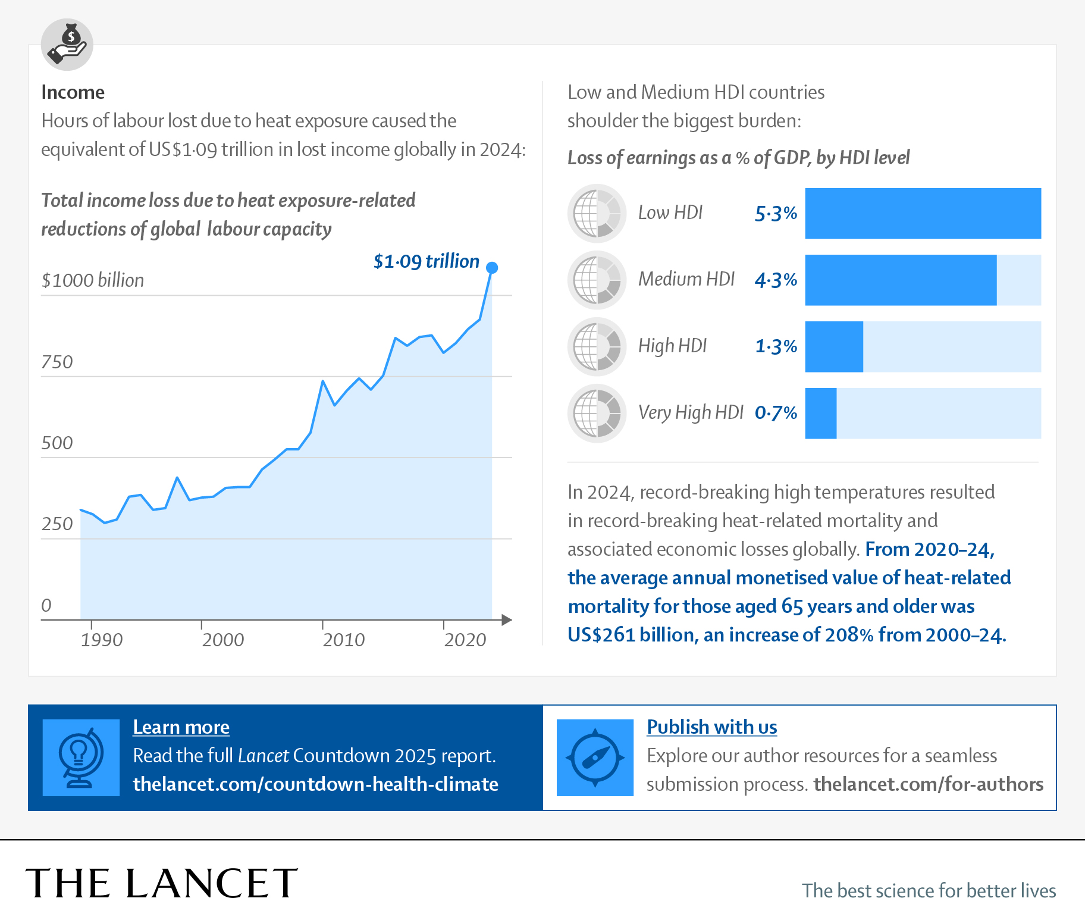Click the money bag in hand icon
[67, 45]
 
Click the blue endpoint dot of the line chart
[492, 268]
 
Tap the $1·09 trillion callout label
[426, 261]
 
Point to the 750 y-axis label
[57, 362]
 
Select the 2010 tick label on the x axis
[343, 640]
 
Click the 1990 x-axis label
[102, 640]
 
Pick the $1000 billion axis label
[93, 280]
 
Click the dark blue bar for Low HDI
[923, 214]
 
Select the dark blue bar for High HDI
[833, 347]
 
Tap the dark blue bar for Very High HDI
[820, 414]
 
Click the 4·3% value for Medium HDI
[776, 280]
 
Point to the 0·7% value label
[776, 413]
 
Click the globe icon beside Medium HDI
[597, 280]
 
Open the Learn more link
[181, 727]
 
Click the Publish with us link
[711, 727]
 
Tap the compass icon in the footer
[595, 758]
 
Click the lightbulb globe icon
[81, 758]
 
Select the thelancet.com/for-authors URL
[928, 784]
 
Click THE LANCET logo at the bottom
[161, 883]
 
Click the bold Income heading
[73, 92]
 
